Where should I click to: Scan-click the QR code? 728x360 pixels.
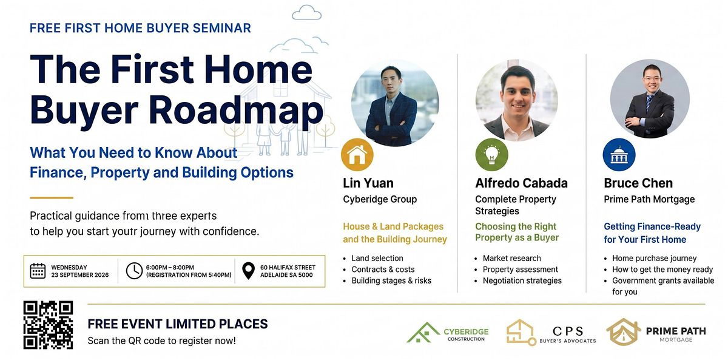pos(48,325)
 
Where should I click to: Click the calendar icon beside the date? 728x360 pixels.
pos(38,271)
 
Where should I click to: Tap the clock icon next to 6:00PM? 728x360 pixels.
pos(134,271)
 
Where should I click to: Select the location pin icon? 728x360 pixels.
pos(249,271)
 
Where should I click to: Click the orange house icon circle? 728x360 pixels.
pos(357,155)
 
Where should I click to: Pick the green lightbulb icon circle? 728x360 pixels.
pos(491,155)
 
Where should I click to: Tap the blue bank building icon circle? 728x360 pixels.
pos(619,155)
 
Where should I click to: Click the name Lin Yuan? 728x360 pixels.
pos(368,183)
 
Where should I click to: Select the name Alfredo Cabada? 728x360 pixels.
pos(521,183)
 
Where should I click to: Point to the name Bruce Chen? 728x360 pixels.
pos(638,183)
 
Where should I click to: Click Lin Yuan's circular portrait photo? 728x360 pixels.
pos(395,103)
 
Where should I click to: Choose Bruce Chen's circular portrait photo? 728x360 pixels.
pos(650,99)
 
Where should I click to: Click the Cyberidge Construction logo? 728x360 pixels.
pos(448,333)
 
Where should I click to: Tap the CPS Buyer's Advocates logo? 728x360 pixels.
pos(551,332)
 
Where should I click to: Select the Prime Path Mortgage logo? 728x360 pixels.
pos(656,332)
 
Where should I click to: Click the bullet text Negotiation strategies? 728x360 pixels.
pos(522,280)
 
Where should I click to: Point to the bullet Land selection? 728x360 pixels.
pos(377,258)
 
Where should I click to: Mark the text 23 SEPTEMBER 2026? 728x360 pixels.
pos(80,275)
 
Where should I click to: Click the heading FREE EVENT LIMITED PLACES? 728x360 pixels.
pos(178,324)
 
